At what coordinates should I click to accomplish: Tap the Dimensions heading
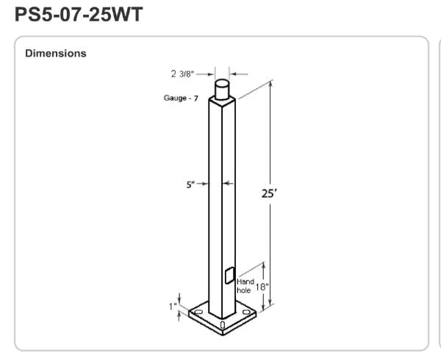55,54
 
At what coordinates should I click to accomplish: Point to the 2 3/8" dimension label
184,73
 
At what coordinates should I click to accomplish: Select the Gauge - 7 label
181,98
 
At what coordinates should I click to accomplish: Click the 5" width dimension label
190,184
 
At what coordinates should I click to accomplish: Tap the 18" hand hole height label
262,287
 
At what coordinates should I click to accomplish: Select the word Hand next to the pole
245,281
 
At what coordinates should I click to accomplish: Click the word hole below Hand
244,291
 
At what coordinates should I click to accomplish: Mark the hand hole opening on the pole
229,276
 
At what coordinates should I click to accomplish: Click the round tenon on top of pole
223,89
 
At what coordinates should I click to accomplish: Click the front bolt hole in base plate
223,324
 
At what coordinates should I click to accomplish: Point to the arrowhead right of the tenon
234,73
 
